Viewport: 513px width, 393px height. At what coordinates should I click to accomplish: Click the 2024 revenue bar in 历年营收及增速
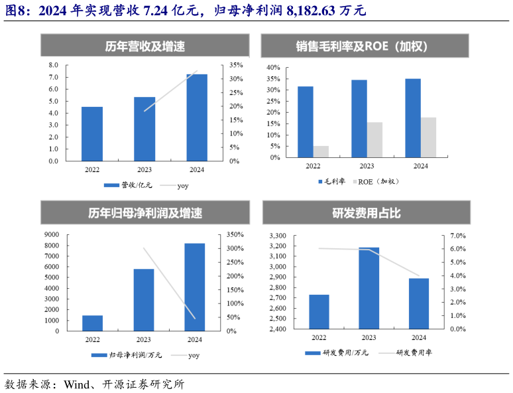tap(197, 118)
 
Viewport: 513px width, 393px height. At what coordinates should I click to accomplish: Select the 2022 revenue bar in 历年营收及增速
tap(92, 133)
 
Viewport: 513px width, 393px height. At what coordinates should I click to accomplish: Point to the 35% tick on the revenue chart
tap(236, 65)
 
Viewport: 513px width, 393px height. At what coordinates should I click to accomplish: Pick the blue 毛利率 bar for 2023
tap(359, 119)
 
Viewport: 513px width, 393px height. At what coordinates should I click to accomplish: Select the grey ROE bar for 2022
tap(321, 151)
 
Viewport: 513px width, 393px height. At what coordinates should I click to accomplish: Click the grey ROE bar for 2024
tap(428, 137)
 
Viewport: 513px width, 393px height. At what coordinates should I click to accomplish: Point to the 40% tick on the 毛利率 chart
tap(273, 68)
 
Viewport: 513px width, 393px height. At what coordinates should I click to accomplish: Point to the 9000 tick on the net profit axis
tap(51, 234)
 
